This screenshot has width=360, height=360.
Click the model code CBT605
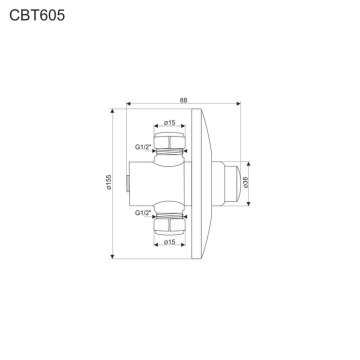(x=37, y=15)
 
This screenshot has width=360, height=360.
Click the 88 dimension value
(x=184, y=100)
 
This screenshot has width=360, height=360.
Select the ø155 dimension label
(x=109, y=182)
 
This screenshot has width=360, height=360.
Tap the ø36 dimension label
(x=246, y=182)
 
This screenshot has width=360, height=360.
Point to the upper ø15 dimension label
(x=169, y=122)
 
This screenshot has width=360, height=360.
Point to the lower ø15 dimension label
(x=169, y=242)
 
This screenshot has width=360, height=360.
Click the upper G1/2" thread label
(x=143, y=147)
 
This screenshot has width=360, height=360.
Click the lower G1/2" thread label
(x=143, y=213)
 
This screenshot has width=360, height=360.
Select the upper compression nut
(x=169, y=140)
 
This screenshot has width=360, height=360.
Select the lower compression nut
(x=169, y=225)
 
